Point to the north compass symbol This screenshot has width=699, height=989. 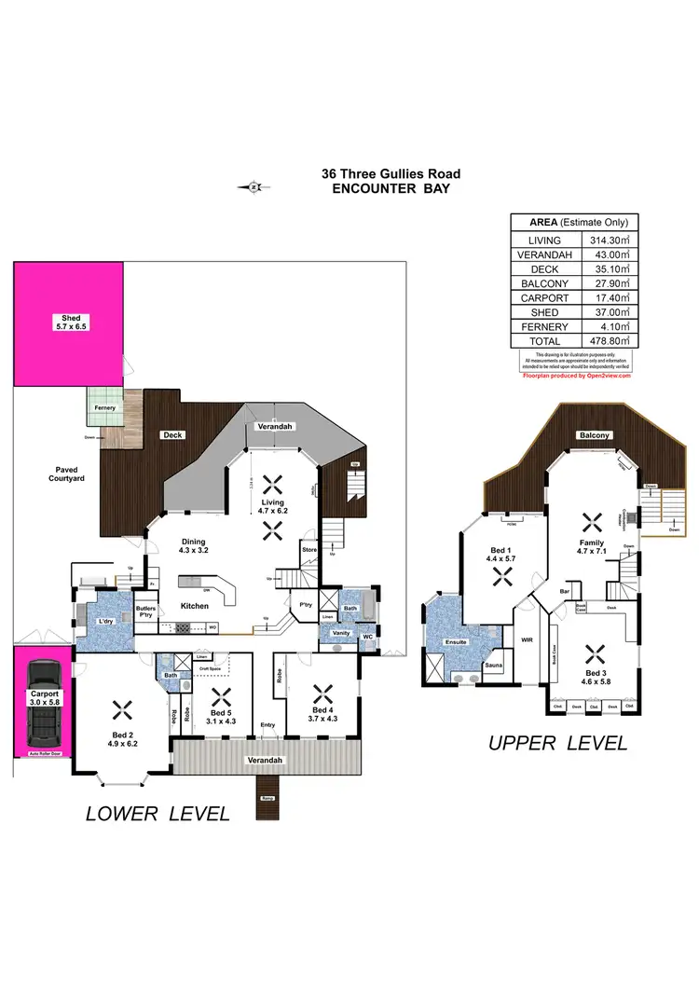pyautogui.click(x=254, y=186)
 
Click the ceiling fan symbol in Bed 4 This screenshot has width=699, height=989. pyautogui.click(x=323, y=692)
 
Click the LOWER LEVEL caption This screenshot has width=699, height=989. pyautogui.click(x=158, y=813)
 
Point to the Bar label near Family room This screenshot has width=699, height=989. pyautogui.click(x=565, y=590)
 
